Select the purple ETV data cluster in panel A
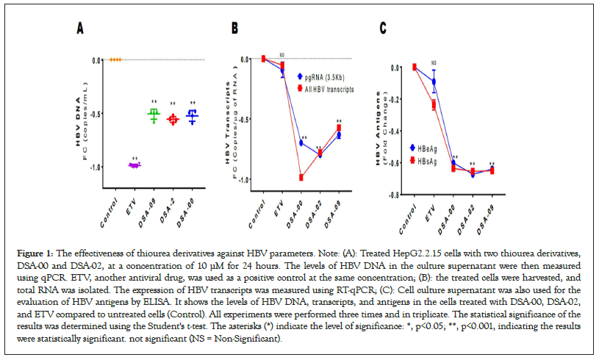[134, 165]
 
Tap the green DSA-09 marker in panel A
[154, 115]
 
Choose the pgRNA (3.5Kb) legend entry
[324, 76]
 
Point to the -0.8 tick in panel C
[395, 195]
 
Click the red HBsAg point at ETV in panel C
[434, 104]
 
